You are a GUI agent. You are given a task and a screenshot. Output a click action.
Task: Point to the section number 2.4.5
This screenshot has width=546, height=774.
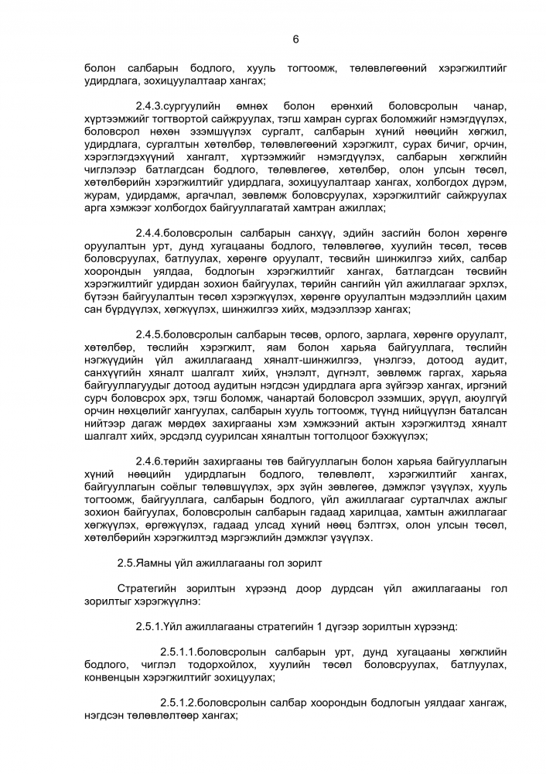coord(147,334)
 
